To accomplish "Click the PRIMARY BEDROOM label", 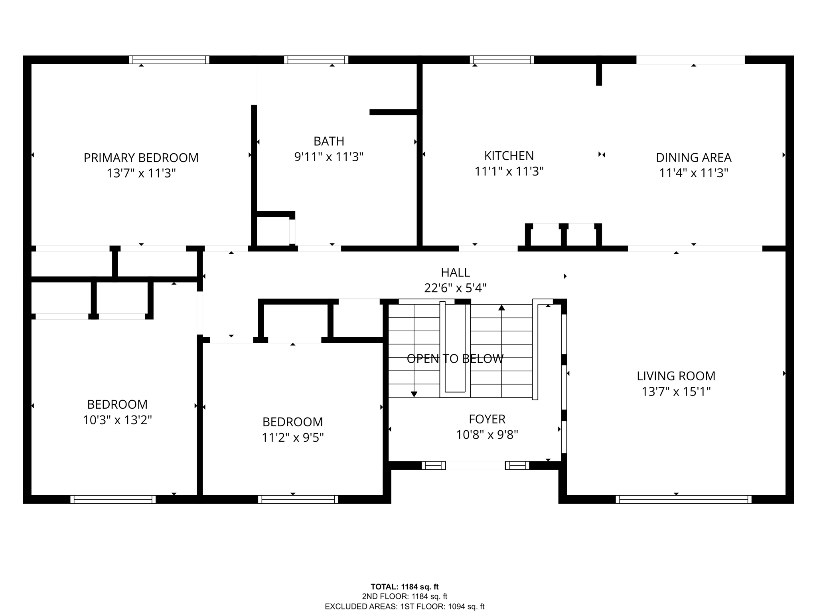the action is point(141,158).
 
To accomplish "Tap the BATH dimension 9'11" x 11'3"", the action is point(329,157).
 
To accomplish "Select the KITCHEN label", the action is point(509,155).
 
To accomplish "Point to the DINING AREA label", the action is point(694,158).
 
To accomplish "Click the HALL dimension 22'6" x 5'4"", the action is point(455,288).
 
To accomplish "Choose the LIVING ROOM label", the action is point(676,376).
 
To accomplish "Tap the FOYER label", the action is point(487,419).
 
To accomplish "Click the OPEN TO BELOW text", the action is point(455,359).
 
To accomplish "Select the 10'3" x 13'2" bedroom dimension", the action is point(117,420).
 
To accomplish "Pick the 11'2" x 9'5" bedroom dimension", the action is point(292,438).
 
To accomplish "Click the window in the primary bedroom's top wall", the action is point(169,60).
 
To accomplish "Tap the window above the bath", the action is point(316,60).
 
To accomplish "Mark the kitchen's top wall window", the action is point(502,60).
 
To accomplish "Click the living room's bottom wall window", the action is point(683,499).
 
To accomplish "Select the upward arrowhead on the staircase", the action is point(501,307).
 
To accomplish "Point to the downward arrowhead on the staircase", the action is point(414,394).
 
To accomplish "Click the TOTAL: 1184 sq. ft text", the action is point(405,587).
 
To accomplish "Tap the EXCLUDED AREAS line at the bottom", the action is point(405,607).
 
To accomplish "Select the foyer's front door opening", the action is point(476,465).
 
